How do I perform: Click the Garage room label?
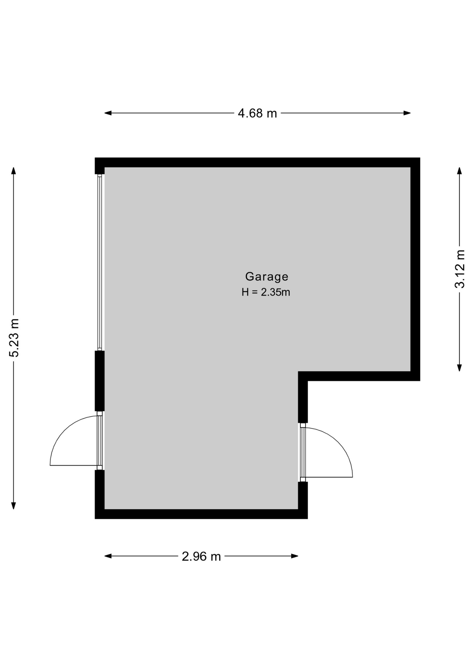(x=266, y=277)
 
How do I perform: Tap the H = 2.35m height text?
(x=266, y=292)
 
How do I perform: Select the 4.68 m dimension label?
(x=257, y=113)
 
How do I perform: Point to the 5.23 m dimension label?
(x=14, y=338)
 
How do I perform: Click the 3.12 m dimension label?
(x=460, y=269)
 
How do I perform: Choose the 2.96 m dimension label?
(x=201, y=556)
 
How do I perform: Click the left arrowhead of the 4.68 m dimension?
(x=108, y=113)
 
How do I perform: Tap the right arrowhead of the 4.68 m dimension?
(x=407, y=113)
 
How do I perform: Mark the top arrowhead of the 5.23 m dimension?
(x=14, y=171)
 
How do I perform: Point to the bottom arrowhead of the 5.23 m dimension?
(x=14, y=506)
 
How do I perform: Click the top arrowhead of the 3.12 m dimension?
(x=459, y=171)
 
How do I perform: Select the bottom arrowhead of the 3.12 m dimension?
(x=459, y=368)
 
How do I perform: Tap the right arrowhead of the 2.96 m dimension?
(x=295, y=556)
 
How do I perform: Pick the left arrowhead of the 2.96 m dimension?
(x=108, y=556)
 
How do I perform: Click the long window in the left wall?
(x=100, y=262)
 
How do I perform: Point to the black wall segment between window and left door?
(x=100, y=381)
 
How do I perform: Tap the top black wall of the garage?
(x=257, y=162)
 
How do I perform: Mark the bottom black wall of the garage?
(x=201, y=514)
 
